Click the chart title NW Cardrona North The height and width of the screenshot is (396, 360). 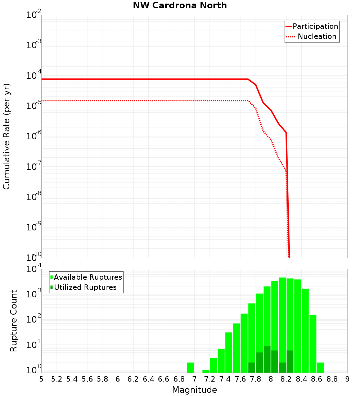[x=180, y=5]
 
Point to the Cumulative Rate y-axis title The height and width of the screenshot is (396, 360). [x=6, y=136]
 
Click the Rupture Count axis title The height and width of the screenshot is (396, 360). [x=14, y=320]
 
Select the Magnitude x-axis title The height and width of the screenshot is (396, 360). [x=194, y=390]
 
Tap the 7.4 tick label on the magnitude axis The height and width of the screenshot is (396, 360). [x=225, y=379]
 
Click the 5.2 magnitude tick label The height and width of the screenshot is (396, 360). [x=57, y=379]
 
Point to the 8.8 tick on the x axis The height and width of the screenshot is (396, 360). [x=332, y=379]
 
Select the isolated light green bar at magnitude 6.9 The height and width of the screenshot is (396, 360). [x=190, y=368]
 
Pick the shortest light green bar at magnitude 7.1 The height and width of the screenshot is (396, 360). [x=206, y=371]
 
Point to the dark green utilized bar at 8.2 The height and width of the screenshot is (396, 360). [x=290, y=361]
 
